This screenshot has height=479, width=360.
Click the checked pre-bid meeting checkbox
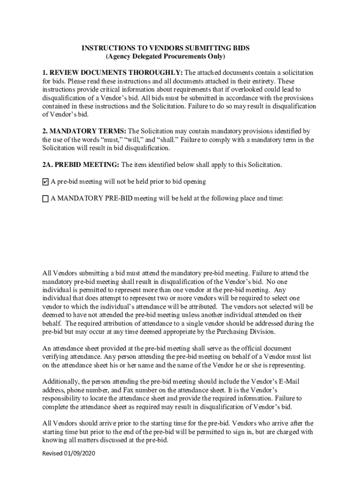(45, 181)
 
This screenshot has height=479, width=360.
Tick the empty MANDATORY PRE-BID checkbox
(45, 199)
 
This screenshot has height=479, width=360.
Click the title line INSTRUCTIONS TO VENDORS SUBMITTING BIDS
(166, 48)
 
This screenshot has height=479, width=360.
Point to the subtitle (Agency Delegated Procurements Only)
(166, 57)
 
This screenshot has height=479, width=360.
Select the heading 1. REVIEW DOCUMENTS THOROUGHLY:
(113, 73)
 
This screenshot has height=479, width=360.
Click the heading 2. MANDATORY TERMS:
(85, 131)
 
